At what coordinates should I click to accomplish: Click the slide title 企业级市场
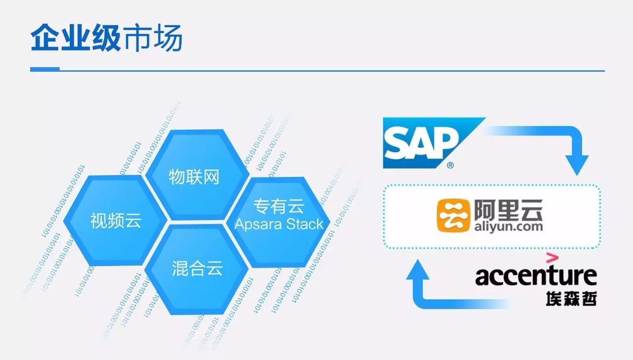coord(106,39)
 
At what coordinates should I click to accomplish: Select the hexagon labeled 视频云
coord(116,220)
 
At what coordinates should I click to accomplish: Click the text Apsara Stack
coord(279,224)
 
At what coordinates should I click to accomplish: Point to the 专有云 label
coord(279,206)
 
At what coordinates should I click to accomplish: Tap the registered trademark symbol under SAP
coord(450,166)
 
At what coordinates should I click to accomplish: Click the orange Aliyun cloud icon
coord(453,216)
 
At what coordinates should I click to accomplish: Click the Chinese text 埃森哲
coord(571,298)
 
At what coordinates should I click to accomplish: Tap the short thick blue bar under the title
coord(45,69)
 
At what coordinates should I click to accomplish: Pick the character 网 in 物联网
coord(211,177)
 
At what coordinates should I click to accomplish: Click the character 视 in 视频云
coord(99,220)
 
